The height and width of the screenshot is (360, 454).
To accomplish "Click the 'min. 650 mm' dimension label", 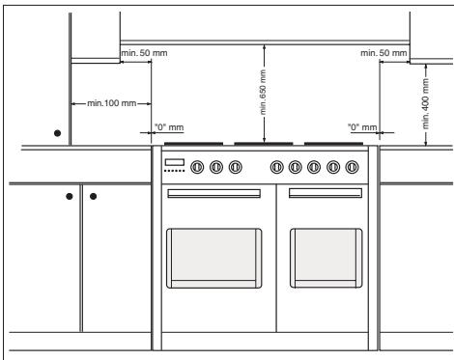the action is click(x=263, y=92).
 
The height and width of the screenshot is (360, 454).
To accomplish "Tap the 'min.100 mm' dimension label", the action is click(x=112, y=103).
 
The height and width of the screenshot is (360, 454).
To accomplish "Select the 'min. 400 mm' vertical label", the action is click(x=426, y=103).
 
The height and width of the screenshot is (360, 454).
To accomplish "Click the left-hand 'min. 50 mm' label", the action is click(x=144, y=53).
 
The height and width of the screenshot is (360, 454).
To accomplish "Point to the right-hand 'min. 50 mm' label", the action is click(x=383, y=53).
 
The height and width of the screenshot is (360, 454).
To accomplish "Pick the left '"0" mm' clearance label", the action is click(x=169, y=127).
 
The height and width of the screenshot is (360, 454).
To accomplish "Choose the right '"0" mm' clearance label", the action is click(x=362, y=127).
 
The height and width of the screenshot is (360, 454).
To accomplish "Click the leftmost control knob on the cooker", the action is click(x=197, y=167).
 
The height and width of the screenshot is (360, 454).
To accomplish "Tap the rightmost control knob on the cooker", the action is click(x=352, y=167).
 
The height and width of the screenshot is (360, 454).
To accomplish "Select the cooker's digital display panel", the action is click(x=175, y=162).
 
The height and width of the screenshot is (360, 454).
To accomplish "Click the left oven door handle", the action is click(x=213, y=193).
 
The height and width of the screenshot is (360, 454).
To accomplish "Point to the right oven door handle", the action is click(x=326, y=193).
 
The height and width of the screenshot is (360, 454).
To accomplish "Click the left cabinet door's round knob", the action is click(x=70, y=196).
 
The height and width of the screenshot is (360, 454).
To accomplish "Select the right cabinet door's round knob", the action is click(x=94, y=196).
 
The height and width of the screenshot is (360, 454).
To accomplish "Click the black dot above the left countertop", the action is click(x=57, y=133).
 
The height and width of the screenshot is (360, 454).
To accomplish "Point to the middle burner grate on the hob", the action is click(x=264, y=144).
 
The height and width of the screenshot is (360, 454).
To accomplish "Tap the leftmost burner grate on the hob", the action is click(x=193, y=144).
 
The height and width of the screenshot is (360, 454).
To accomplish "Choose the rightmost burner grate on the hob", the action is click(x=333, y=144).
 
